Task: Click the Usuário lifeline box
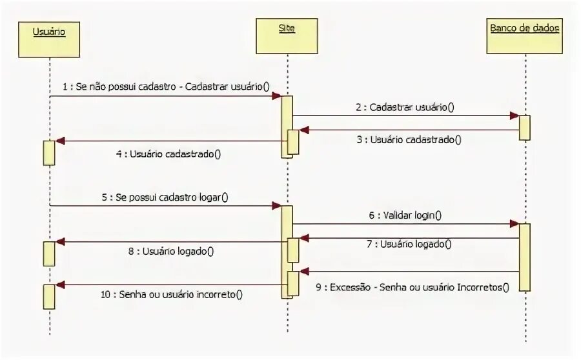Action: pyautogui.click(x=49, y=40)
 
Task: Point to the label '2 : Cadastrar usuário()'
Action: pyautogui.click(x=404, y=107)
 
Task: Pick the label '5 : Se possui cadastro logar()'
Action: pyautogui.click(x=165, y=197)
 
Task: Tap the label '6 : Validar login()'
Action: pyautogui.click(x=405, y=215)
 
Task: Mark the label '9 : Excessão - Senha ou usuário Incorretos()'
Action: pyautogui.click(x=413, y=288)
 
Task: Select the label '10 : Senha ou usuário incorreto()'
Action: pyautogui.click(x=172, y=294)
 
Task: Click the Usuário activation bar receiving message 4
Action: pyautogui.click(x=49, y=152)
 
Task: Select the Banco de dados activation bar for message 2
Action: pyautogui.click(x=525, y=127)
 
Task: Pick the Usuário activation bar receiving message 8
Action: pyautogui.click(x=49, y=253)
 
